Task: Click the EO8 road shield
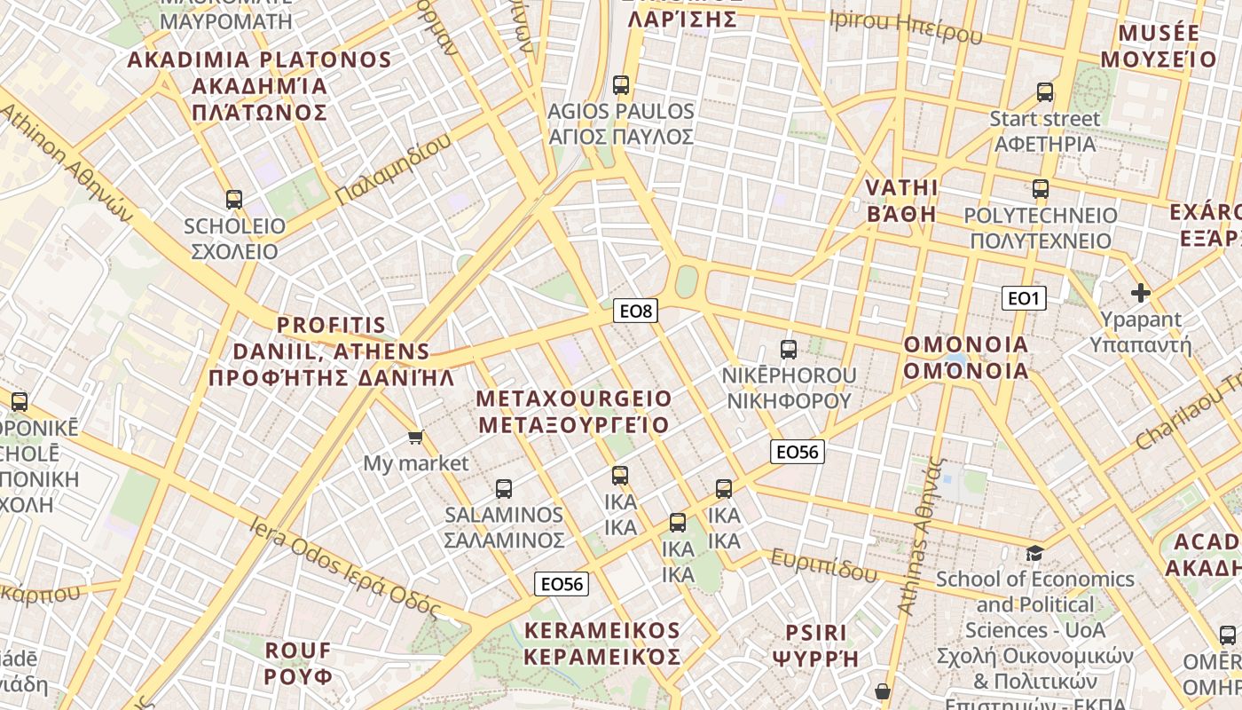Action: click(x=636, y=311)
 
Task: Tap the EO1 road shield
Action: click(x=1024, y=298)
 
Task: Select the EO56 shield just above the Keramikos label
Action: click(x=562, y=584)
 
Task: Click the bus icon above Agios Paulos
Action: click(x=621, y=85)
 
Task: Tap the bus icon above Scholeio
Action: click(x=234, y=199)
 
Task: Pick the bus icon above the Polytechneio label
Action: click(x=1041, y=188)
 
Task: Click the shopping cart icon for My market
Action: click(x=415, y=437)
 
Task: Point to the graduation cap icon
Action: click(x=1034, y=553)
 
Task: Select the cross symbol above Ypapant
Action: click(x=1141, y=292)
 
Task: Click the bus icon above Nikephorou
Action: click(x=789, y=349)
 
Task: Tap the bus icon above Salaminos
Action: click(x=504, y=488)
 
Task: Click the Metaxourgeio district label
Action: click(x=574, y=411)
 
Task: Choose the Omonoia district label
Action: click(x=966, y=358)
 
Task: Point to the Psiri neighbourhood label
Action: click(x=816, y=645)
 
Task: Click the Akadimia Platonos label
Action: click(x=259, y=86)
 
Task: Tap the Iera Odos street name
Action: click(x=346, y=565)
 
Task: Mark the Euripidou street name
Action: click(x=824, y=564)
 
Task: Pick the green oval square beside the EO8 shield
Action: click(x=686, y=283)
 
